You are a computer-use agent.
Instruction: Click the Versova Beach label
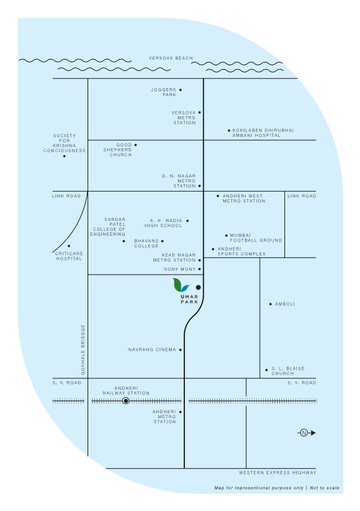tap(168, 58)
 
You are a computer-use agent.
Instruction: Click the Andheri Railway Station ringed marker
tap(125, 401)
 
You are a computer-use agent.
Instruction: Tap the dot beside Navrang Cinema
tap(181, 350)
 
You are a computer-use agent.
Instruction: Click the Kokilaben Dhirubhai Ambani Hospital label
tap(263, 133)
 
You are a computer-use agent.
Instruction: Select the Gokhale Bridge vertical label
tap(83, 350)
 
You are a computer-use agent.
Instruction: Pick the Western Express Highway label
tap(277, 473)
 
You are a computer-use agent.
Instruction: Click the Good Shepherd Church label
tap(117, 150)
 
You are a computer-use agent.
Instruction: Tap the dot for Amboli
tap(271, 304)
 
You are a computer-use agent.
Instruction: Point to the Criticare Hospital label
tap(69, 256)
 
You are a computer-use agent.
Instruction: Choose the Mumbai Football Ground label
tap(256, 237)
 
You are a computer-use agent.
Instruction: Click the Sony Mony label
tap(180, 269)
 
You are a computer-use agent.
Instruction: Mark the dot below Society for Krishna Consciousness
tap(64, 156)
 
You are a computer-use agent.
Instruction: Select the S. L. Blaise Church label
tap(283, 371)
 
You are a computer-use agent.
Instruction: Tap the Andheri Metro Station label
tap(164, 417)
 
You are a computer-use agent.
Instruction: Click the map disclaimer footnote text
tap(276, 488)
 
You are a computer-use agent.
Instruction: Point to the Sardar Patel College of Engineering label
tap(109, 227)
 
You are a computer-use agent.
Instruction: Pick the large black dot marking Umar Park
tap(198, 287)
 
